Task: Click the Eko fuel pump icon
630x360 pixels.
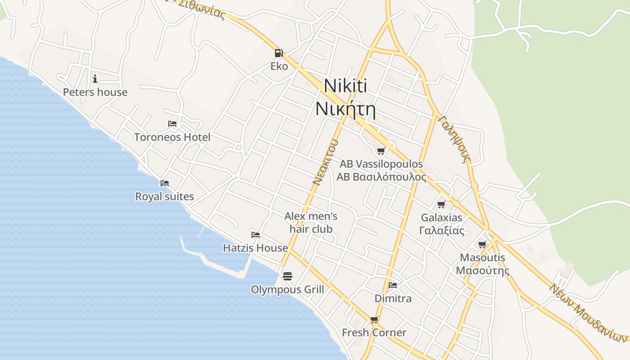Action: click(279, 53)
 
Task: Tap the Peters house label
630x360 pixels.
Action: click(95, 92)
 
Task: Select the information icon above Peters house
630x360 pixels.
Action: click(95, 79)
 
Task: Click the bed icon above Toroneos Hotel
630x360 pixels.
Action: click(172, 124)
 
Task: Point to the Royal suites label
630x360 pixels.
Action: click(165, 197)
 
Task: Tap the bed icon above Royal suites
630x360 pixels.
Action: click(165, 183)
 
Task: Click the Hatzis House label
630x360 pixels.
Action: click(256, 248)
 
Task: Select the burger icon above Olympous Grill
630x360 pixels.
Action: click(288, 276)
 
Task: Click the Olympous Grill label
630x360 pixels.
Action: click(288, 289)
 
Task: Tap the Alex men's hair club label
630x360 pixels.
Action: click(311, 223)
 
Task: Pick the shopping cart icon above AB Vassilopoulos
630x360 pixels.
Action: click(381, 151)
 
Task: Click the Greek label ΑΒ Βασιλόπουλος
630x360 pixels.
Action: click(381, 177)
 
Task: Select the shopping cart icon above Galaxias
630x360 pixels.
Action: click(441, 205)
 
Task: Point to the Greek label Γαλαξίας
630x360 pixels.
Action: click(441, 231)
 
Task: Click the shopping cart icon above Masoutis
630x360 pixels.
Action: click(482, 245)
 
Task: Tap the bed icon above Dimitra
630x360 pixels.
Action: click(393, 285)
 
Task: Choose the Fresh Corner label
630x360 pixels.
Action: click(374, 333)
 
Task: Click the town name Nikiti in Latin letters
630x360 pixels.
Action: click(345, 86)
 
